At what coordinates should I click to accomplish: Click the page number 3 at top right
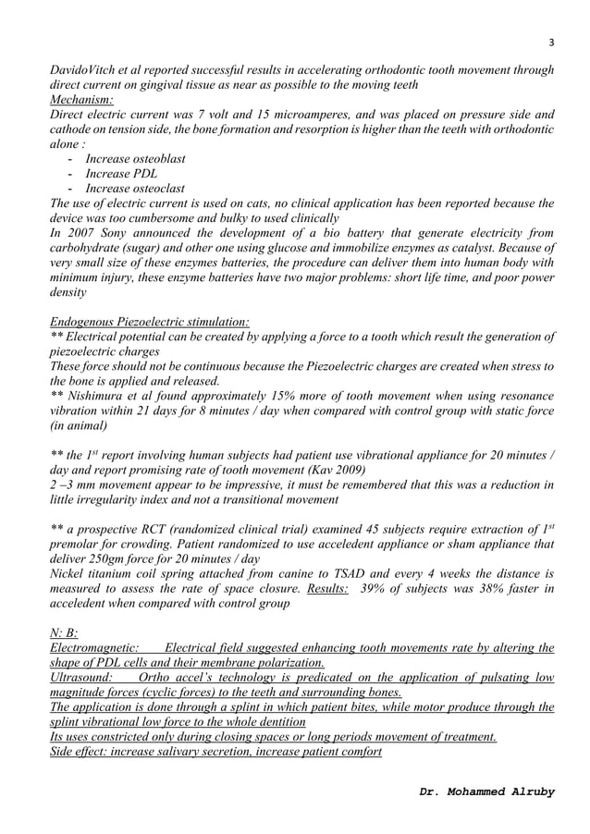(551, 43)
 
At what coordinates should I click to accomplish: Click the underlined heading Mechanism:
(81, 100)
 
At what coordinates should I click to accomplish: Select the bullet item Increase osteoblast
(135, 159)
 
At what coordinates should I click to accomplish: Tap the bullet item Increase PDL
(121, 174)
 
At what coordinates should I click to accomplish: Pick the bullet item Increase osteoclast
(135, 189)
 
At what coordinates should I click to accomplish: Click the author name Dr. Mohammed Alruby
(486, 792)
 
